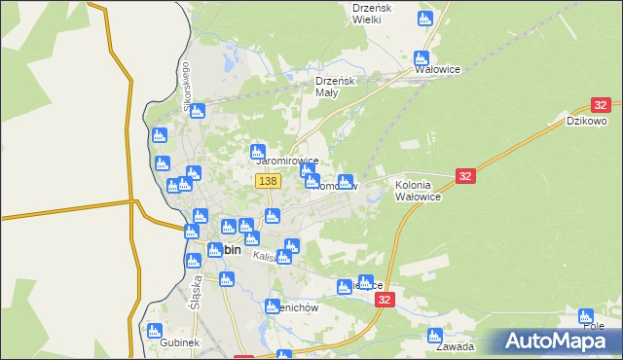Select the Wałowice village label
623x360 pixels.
pos(437,70)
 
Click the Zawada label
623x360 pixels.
pos(455,346)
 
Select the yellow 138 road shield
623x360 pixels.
pos(268,181)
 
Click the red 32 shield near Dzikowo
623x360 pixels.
pos(601,105)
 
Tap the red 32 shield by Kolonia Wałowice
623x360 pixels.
pos(465,175)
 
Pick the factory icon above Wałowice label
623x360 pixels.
pos(421,57)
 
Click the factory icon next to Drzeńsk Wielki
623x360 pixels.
pos(424,18)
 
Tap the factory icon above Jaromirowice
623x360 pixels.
pos(258,151)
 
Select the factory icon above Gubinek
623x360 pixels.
pos(154,331)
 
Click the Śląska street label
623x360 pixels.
pos(196,290)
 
